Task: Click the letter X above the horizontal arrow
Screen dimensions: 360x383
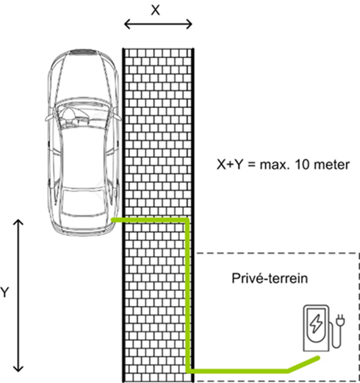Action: [155, 10]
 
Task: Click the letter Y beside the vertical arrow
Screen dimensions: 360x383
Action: [4, 293]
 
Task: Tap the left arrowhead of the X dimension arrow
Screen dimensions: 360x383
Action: [127, 24]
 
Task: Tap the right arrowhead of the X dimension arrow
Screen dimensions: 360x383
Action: [190, 24]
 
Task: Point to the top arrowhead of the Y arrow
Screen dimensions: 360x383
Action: [18, 222]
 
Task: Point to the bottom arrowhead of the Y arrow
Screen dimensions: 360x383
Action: [18, 369]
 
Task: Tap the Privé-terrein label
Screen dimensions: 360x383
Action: [270, 279]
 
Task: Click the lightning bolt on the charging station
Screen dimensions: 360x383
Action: [316, 323]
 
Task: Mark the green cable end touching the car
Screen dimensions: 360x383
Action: [113, 220]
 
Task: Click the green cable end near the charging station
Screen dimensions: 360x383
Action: [318, 358]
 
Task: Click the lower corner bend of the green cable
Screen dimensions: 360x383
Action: [188, 371]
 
